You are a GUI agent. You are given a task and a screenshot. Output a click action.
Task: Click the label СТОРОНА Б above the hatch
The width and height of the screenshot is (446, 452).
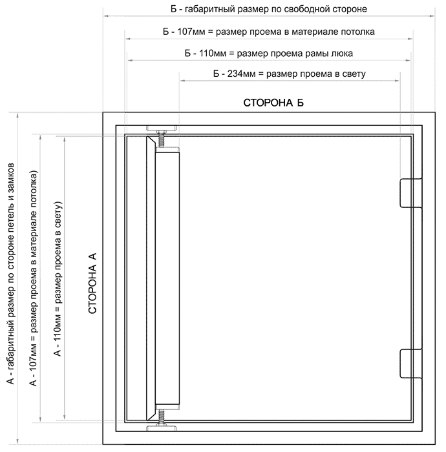(x=273, y=103)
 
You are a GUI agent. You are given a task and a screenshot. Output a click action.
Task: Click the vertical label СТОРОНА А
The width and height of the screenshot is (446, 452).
(x=92, y=283)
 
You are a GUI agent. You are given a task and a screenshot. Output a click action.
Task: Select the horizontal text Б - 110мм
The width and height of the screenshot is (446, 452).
(x=206, y=54)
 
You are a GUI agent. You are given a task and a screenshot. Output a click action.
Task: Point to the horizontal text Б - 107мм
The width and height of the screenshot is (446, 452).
(x=184, y=32)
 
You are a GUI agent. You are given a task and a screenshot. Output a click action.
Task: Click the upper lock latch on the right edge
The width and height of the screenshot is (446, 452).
(x=411, y=193)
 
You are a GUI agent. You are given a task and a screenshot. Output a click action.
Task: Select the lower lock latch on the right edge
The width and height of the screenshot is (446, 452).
(x=411, y=363)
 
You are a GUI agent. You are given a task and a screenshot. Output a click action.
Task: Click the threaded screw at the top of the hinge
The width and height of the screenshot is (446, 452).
(x=161, y=139)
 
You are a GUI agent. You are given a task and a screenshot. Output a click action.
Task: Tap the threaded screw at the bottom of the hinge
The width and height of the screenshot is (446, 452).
(x=161, y=417)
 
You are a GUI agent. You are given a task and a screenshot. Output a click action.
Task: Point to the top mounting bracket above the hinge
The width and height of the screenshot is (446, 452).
(x=161, y=128)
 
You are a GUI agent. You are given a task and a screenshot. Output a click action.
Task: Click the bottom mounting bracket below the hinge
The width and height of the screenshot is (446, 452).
(x=161, y=427)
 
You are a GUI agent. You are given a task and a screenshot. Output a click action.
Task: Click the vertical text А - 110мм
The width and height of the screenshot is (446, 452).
(x=58, y=336)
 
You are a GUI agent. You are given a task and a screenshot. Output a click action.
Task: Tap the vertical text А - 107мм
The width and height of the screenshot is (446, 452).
(x=33, y=365)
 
